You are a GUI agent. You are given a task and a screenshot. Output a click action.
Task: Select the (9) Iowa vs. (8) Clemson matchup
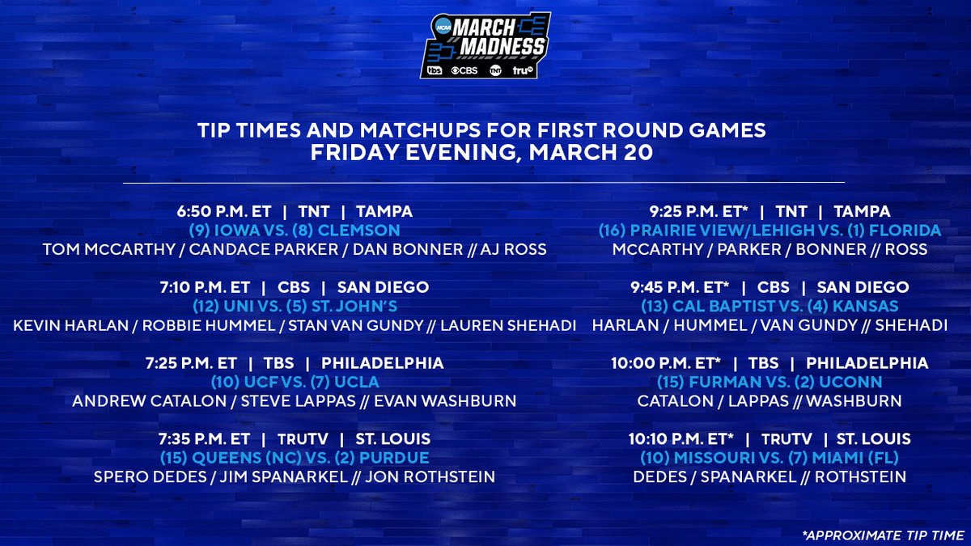click(295, 231)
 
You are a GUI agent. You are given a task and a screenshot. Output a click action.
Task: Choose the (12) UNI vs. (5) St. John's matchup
click(295, 307)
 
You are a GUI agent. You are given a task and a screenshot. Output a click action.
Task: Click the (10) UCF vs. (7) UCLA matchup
click(295, 382)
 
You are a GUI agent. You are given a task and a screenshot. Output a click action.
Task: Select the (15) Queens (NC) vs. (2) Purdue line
click(295, 458)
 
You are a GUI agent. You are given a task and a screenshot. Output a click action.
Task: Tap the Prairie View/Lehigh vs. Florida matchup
click(770, 231)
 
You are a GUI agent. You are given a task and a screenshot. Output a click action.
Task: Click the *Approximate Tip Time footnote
click(880, 535)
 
